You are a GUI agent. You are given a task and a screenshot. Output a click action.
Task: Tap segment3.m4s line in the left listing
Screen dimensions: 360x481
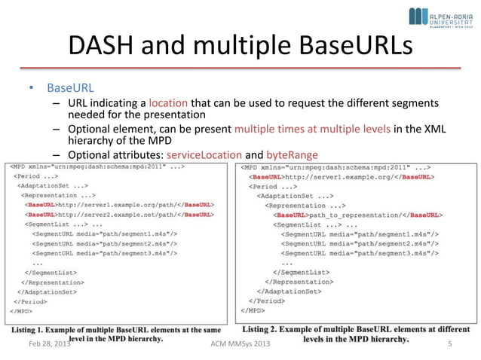pos(106,253)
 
